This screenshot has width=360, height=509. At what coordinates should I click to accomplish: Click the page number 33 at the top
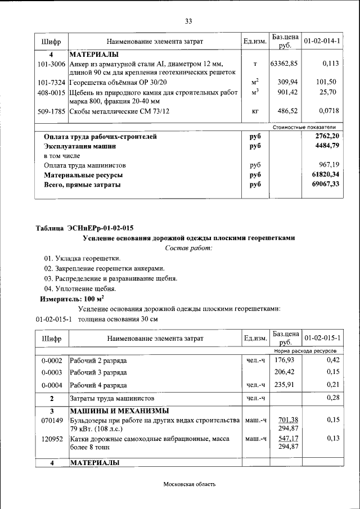188,21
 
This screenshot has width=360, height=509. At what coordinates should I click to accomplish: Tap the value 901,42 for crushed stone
287,92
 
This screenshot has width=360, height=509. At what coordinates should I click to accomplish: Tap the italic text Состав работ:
188,248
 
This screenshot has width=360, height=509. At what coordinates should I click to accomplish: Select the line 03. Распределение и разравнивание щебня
111,278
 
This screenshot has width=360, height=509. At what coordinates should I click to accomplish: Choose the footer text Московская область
188,484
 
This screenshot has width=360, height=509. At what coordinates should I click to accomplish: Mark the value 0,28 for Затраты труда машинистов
332,398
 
